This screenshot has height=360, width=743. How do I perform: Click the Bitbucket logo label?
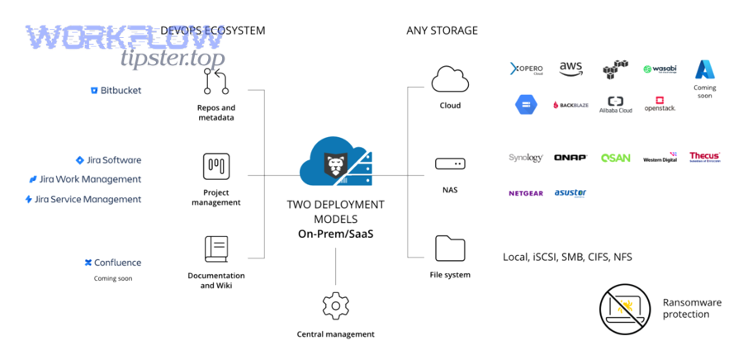116,90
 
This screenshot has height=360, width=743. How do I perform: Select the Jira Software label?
108,160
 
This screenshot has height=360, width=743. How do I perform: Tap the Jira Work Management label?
85,179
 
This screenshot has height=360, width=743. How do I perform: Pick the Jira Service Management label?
83,199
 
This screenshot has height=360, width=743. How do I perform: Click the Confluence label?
112,263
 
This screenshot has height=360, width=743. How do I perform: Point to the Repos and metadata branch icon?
215,82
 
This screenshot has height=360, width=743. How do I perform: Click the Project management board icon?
215,166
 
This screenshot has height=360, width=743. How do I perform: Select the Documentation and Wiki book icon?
215,249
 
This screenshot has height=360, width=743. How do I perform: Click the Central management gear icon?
335,306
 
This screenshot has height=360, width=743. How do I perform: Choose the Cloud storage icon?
450,80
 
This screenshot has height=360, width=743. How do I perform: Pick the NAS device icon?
450,165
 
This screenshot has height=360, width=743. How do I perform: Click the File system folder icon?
450,248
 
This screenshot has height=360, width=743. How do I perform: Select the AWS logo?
570,69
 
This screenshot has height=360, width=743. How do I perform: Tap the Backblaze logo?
570,106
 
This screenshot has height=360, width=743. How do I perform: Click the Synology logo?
525,158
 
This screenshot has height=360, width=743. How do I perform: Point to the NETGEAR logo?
525,193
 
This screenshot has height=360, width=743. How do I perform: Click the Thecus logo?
705,156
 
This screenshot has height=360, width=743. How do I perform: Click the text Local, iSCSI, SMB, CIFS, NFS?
567,257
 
